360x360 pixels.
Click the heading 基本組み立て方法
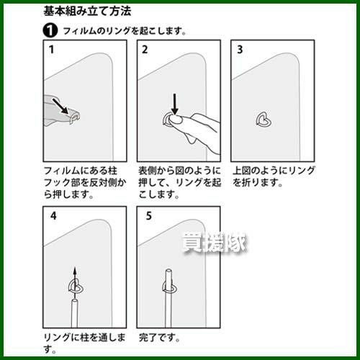coord(87,12)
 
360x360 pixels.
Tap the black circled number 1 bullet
coord(50,31)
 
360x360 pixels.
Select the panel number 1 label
coord(51,50)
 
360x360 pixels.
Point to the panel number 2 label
coord(145,50)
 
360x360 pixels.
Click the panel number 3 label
coord(240,50)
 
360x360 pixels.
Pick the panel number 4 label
coord(53,216)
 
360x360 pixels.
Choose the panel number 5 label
coord(149,216)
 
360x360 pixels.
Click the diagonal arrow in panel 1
coord(60,106)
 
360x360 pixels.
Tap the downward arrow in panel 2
coord(175,104)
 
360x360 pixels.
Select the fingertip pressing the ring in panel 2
coord(177,120)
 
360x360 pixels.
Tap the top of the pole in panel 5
coord(168,270)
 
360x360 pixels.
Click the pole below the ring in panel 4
coord(74,313)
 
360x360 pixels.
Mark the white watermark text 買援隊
coord(215,243)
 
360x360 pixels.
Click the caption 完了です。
coord(159,338)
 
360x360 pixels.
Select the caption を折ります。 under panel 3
coord(257,183)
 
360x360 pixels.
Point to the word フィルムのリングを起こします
coord(122,31)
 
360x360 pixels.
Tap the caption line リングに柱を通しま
coord(85,338)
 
